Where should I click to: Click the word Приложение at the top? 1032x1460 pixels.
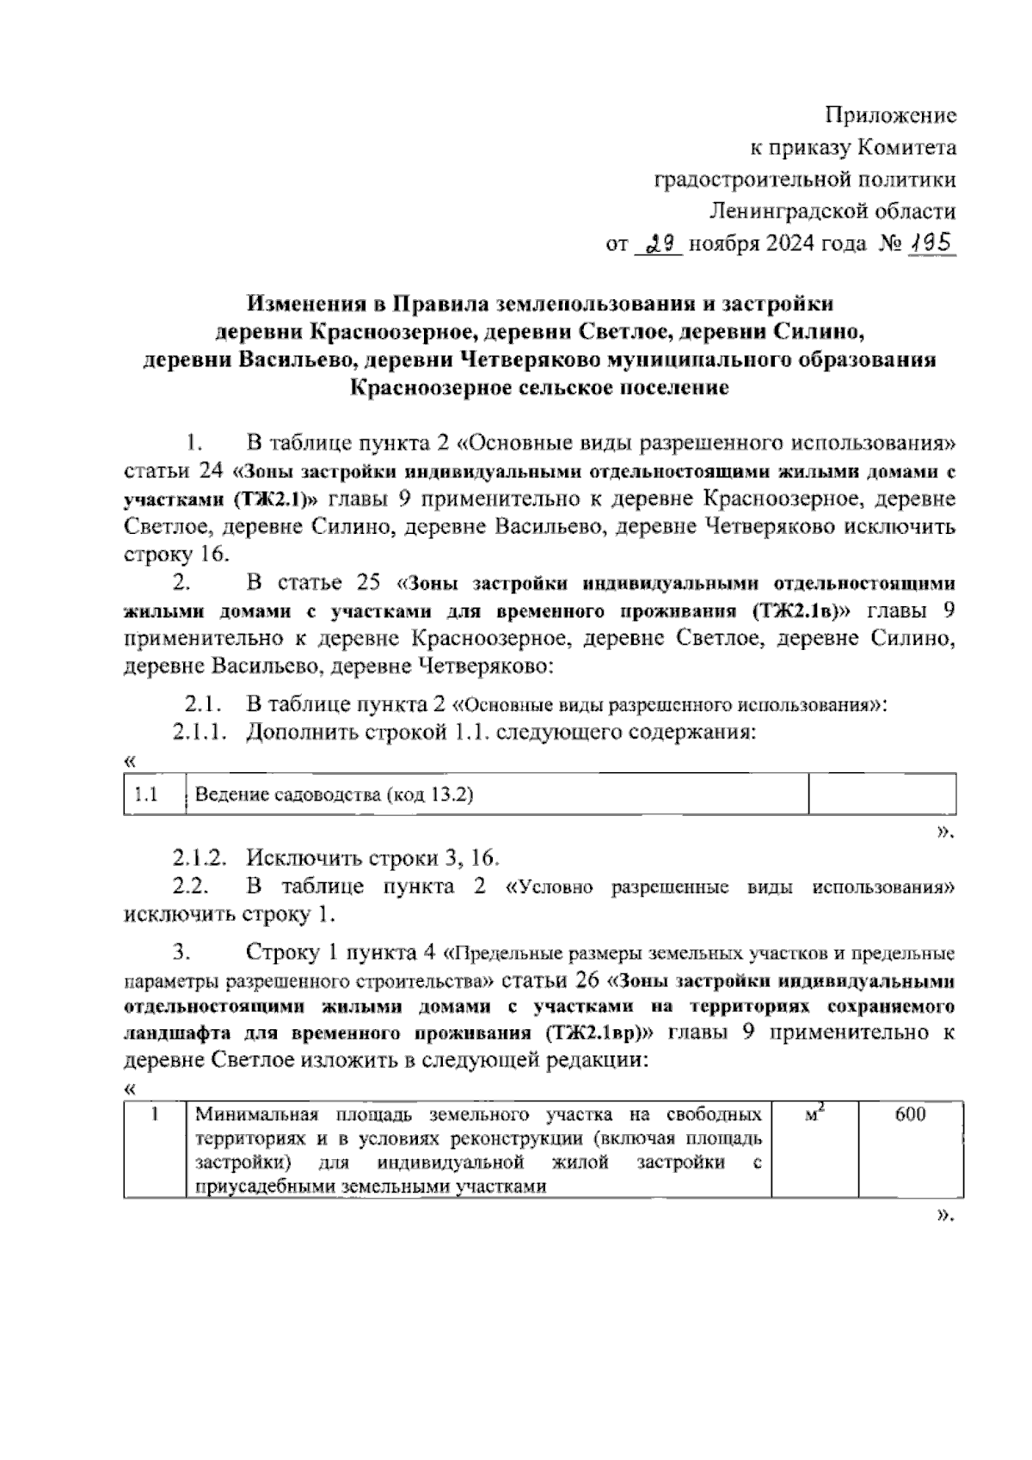pyautogui.click(x=891, y=114)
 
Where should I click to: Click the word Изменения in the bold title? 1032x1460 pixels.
pyautogui.click(x=314, y=304)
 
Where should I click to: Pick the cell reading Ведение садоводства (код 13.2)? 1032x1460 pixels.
pyautogui.click(x=335, y=794)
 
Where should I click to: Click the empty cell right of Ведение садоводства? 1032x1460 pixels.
pyautogui.click(x=882, y=794)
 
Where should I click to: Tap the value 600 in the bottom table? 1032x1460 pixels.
pyautogui.click(x=910, y=1116)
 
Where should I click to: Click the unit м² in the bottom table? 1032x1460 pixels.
pyautogui.click(x=814, y=1115)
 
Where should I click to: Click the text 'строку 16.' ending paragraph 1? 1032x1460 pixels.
pyautogui.click(x=177, y=553)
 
